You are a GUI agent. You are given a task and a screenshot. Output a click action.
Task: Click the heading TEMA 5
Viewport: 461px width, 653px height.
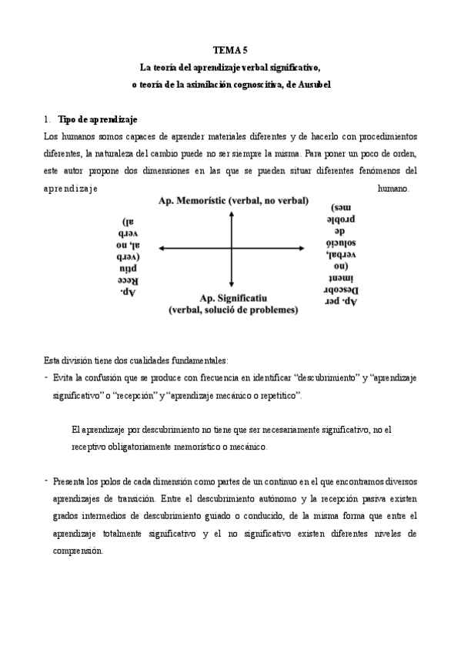(x=231, y=49)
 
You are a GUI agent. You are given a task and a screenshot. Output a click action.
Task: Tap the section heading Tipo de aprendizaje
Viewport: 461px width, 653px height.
(x=98, y=119)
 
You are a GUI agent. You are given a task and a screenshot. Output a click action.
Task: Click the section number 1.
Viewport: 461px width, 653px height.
(x=47, y=119)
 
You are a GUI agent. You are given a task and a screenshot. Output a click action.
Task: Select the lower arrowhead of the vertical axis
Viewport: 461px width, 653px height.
(x=231, y=283)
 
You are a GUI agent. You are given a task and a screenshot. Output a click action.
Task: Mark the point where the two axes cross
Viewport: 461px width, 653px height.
(x=231, y=248)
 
